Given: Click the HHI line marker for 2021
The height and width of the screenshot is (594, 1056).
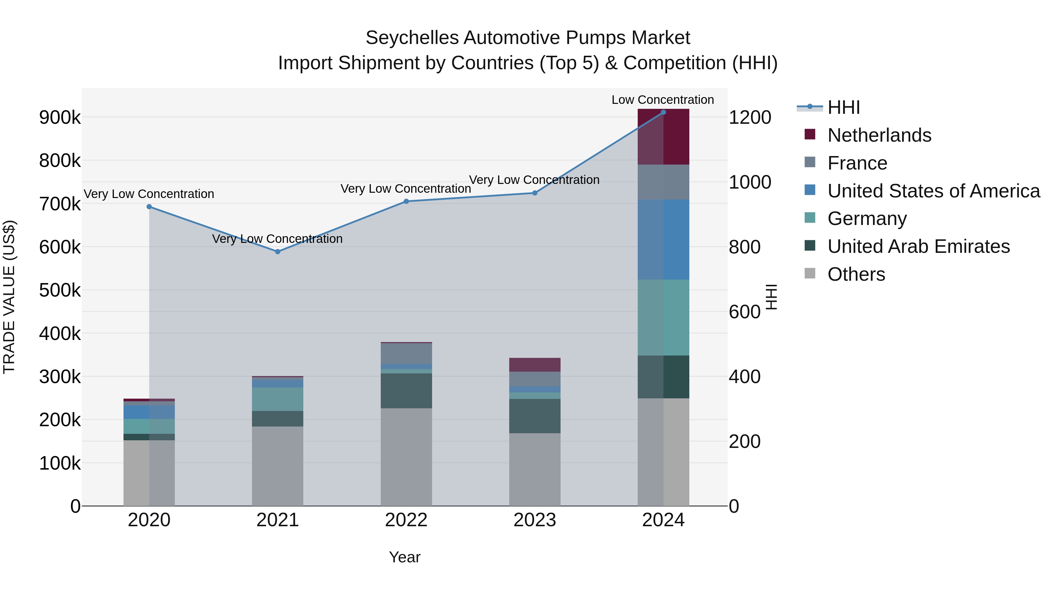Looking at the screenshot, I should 277,251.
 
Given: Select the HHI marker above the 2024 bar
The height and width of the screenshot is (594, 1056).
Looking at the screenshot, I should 663,112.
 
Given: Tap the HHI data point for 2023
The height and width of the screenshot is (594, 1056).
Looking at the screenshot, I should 534,193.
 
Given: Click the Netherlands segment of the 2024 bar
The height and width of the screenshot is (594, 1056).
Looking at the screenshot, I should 663,137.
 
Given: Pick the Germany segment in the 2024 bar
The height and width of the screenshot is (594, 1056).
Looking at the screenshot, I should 663,317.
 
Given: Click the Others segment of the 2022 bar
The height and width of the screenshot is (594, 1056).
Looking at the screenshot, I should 406,457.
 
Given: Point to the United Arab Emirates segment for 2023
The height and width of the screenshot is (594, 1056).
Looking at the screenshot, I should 534,416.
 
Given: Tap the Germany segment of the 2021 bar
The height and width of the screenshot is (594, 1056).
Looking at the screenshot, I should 277,399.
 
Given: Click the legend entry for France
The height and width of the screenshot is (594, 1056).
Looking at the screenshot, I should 857,163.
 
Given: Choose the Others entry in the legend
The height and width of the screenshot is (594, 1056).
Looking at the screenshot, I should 856,274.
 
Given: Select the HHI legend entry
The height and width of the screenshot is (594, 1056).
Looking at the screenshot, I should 843,107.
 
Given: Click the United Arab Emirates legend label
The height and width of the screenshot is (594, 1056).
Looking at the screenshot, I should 918,246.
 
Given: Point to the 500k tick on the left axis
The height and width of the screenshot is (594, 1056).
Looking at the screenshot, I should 60,290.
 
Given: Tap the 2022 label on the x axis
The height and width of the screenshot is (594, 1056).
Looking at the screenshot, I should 406,520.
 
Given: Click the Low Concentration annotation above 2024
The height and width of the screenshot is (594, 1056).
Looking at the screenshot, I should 662,100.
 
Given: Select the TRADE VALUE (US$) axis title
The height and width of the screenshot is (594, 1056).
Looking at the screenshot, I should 9,297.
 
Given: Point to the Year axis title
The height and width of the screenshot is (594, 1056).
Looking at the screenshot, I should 404,557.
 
